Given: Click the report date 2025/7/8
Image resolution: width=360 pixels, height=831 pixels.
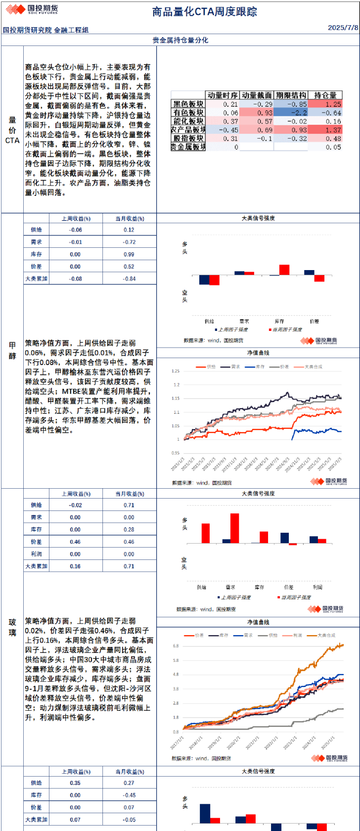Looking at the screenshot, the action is [343, 28].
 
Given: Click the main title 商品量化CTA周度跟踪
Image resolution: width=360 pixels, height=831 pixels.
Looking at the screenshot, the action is [204, 12].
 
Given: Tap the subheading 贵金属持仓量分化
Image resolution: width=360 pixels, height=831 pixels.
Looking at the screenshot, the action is [180, 40].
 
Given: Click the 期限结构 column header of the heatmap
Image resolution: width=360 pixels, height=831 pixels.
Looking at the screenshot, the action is [291, 95].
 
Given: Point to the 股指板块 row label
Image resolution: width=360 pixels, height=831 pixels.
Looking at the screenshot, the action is [188, 138].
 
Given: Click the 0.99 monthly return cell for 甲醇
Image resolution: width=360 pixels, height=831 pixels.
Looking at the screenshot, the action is [129, 254].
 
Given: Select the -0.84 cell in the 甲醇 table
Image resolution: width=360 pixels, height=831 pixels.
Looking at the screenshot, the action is [129, 279].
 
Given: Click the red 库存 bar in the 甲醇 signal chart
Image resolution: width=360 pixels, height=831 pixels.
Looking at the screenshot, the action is [284, 270].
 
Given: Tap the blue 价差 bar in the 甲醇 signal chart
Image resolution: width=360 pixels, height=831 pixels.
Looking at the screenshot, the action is [309, 272].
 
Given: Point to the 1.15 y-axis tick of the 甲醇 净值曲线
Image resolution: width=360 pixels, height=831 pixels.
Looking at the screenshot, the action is [176, 399].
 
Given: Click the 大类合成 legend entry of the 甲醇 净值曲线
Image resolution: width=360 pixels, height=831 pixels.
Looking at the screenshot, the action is [313, 367].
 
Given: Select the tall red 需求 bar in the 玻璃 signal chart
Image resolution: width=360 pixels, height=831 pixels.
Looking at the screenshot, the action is [234, 528].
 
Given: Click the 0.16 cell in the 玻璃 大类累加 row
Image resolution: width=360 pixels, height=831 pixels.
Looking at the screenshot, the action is [75, 566].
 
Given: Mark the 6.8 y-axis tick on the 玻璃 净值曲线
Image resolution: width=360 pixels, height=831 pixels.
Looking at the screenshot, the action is [176, 646].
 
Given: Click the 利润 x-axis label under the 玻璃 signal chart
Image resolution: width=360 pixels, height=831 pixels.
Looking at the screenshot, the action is [317, 587].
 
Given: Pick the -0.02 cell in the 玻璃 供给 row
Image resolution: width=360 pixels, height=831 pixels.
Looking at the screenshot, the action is [75, 505].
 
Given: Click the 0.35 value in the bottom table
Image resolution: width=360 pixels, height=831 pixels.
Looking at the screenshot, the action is [75, 783].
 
